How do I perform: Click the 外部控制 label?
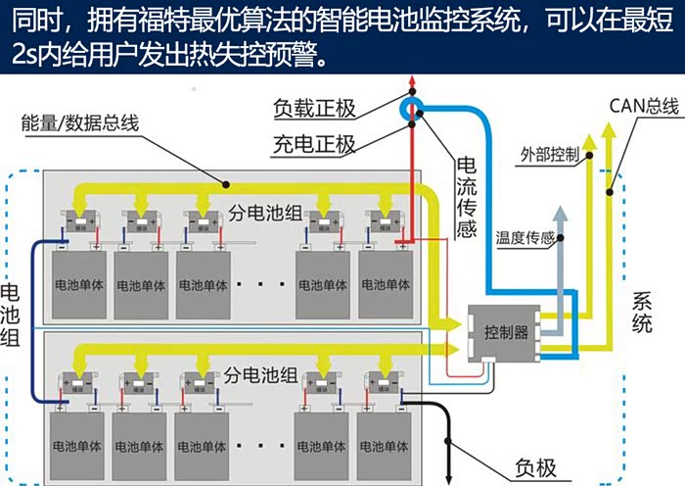pyautogui.click(x=550, y=155)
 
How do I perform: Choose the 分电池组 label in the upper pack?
pyautogui.click(x=263, y=213)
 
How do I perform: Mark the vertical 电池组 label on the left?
pyautogui.click(x=14, y=314)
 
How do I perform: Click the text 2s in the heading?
pyautogui.click(x=26, y=52)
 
